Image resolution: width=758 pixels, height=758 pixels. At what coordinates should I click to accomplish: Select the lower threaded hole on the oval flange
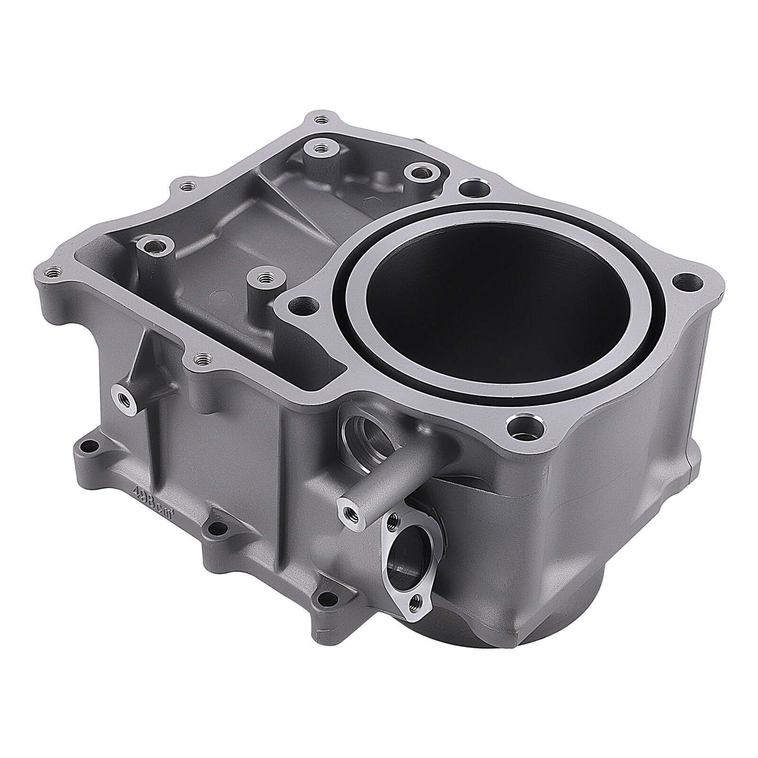click(416, 602)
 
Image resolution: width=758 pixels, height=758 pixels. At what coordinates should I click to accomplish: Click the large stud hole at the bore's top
click(472, 186)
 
